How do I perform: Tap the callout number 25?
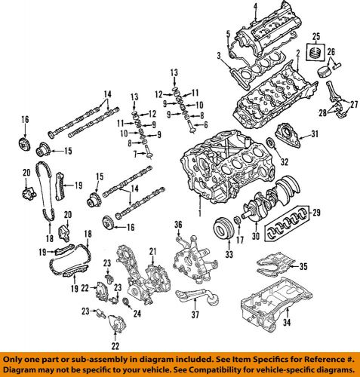[x=317, y=36]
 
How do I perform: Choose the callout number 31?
[x=315, y=135]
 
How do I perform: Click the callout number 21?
[x=152, y=250]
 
